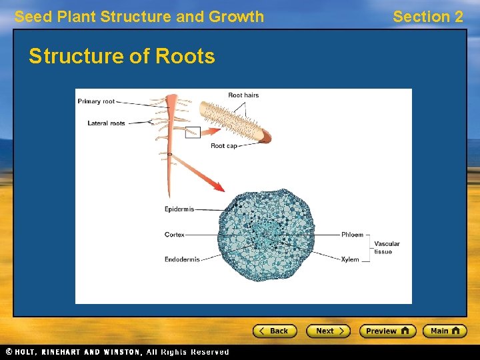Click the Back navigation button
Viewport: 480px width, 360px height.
(x=274, y=331)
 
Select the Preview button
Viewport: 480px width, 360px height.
(x=387, y=331)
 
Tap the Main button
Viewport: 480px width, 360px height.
(x=445, y=331)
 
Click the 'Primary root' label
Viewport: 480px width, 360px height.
(x=96, y=101)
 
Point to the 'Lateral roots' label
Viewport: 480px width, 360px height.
(x=106, y=123)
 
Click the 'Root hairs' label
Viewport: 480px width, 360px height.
(x=243, y=95)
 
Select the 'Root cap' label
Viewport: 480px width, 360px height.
(x=223, y=146)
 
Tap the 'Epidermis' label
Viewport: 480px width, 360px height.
(x=179, y=209)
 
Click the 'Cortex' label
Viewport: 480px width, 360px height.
(x=175, y=235)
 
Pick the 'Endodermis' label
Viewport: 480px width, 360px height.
(x=182, y=259)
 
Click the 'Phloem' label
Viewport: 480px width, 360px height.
(x=352, y=235)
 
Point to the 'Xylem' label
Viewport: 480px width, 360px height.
(x=350, y=259)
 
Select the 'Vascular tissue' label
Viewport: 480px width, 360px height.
(x=387, y=247)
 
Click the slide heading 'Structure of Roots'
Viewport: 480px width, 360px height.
(x=122, y=57)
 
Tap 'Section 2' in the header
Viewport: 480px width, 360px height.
(x=427, y=17)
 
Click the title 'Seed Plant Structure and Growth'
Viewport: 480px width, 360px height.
(x=139, y=17)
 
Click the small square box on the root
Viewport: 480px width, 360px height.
(x=193, y=132)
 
